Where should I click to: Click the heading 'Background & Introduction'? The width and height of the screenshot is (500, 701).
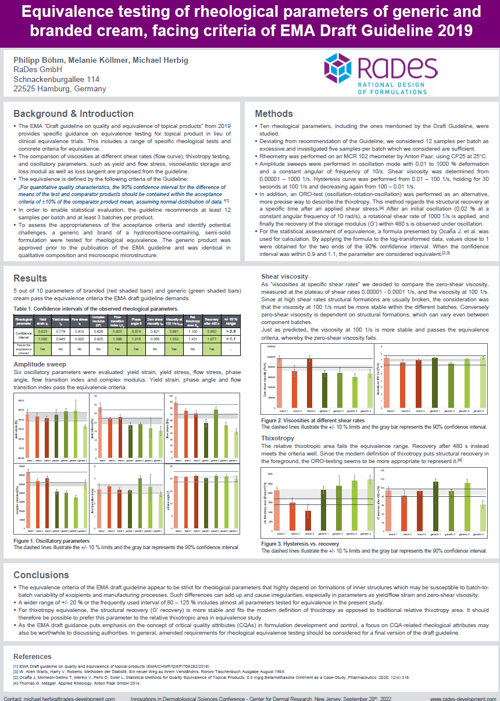click(73, 113)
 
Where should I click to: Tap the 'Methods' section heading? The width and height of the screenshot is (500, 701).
click(274, 113)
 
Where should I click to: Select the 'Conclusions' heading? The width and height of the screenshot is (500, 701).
click(41, 575)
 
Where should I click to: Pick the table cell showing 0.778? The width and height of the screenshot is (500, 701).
click(58, 330)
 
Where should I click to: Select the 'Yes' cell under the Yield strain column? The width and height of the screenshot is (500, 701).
click(42, 348)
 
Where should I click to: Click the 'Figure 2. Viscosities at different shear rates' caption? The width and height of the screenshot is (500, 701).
click(313, 420)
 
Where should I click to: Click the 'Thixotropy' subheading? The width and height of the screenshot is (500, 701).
click(277, 437)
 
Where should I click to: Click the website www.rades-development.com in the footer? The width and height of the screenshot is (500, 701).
click(462, 697)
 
